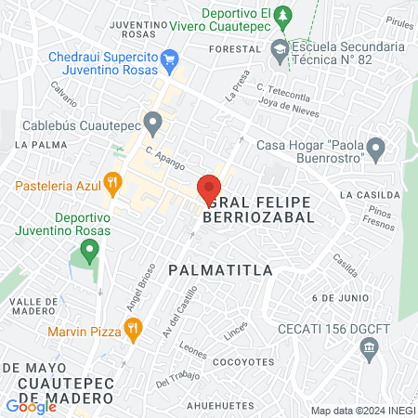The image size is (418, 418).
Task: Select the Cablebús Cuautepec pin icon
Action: coord(153,121)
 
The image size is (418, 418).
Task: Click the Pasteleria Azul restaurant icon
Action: coord(113,182)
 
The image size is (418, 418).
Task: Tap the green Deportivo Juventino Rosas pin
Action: coord(89,249)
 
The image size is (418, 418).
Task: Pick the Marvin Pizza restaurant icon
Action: coord(134,327)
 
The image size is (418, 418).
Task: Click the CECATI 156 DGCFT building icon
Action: coord(369,347)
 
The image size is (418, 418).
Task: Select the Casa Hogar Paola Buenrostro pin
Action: coord(375,148)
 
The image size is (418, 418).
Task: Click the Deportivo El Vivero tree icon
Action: coord(285,16)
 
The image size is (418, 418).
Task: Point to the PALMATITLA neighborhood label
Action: coord(220,269)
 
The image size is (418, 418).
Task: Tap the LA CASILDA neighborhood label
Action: coord(370,195)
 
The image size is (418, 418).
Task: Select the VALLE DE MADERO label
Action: coord(34,307)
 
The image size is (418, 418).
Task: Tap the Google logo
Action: coord(31,406)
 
